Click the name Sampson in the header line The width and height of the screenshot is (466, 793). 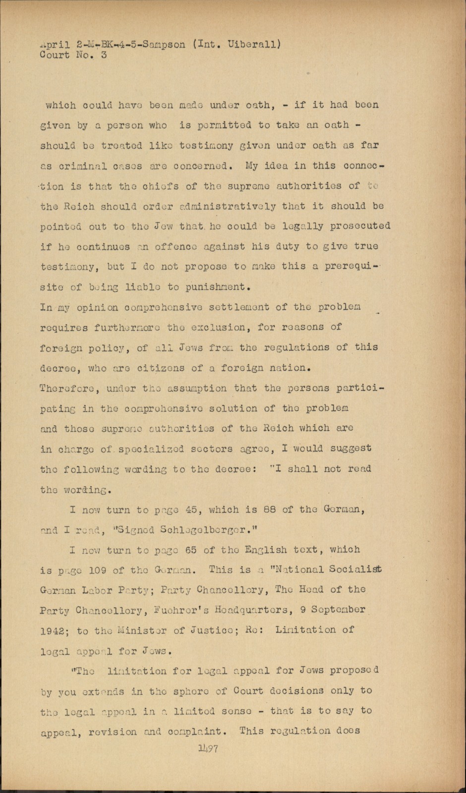click(162, 45)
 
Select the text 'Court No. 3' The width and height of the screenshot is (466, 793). click(73, 55)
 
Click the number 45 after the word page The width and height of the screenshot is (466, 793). click(190, 510)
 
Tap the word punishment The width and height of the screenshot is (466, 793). click(214, 287)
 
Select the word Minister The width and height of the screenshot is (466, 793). click(130, 630)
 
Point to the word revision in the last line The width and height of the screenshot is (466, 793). click(110, 731)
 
